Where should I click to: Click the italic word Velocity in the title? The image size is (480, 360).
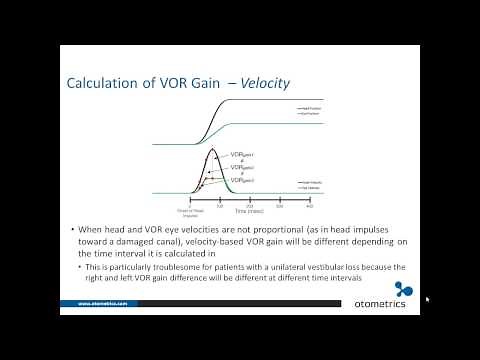pos(264,84)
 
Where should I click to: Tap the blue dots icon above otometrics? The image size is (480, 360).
pos(404,291)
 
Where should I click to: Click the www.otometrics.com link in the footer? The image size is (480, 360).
pos(103,303)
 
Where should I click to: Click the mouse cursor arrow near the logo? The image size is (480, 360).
pos(427,298)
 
